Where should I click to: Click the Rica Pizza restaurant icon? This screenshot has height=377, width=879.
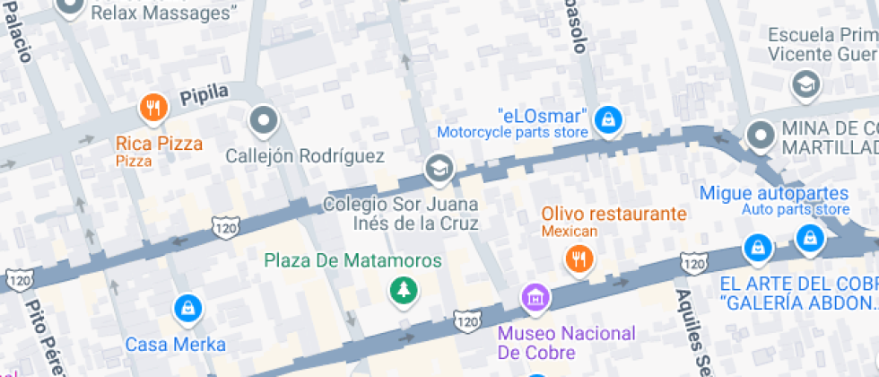pyautogui.click(x=153, y=110)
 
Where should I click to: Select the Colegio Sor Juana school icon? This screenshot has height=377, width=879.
pyautogui.click(x=439, y=168)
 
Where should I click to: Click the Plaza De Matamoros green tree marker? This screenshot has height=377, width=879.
pyautogui.click(x=403, y=290)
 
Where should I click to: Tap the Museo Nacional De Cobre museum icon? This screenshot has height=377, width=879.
pyautogui.click(x=535, y=297)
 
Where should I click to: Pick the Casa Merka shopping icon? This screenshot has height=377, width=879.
pyautogui.click(x=187, y=309)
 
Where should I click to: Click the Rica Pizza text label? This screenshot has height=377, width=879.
pyautogui.click(x=159, y=143)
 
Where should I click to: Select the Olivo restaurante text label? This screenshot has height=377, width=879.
pyautogui.click(x=614, y=214)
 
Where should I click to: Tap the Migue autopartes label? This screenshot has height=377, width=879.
pyautogui.click(x=773, y=193)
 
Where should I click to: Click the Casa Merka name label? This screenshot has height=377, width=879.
pyautogui.click(x=176, y=344)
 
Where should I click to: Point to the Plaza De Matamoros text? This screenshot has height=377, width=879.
pyautogui.click(x=352, y=261)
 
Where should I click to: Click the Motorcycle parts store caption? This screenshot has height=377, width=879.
pyautogui.click(x=512, y=133)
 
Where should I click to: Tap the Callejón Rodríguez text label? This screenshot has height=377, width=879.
pyautogui.click(x=305, y=156)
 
